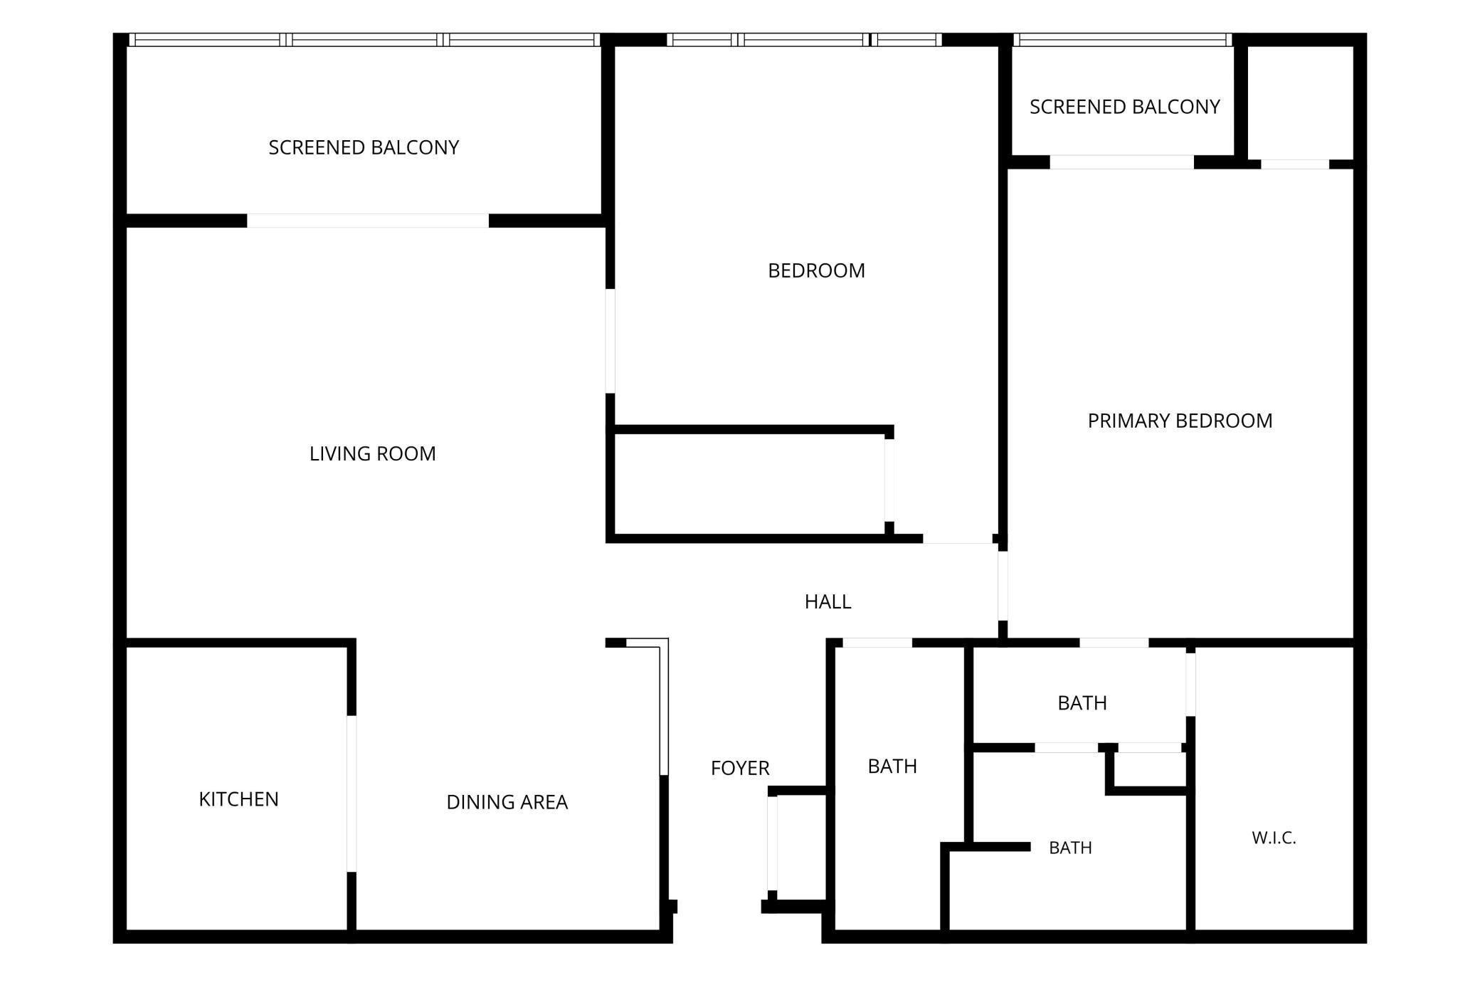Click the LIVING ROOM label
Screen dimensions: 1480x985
[372, 453]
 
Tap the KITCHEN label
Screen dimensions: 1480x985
[238, 799]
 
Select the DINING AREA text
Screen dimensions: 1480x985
[507, 802]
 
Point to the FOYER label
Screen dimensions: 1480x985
[740, 768]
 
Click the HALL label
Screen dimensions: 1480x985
[828, 601]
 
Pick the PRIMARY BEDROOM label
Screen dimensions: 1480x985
[1180, 421]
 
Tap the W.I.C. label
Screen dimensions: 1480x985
[1274, 838]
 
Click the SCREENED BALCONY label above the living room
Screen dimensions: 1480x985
[364, 147]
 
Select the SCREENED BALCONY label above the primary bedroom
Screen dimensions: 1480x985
[1124, 107]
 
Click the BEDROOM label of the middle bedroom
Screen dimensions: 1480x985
[816, 270]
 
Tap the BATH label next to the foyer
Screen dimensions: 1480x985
[892, 766]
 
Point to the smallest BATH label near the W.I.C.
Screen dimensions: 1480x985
[1070, 848]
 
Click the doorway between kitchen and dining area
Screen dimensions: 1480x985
[351, 794]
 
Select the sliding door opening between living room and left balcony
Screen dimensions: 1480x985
[368, 221]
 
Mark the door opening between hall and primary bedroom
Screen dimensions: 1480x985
[1003, 586]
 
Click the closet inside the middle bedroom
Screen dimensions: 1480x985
[749, 484]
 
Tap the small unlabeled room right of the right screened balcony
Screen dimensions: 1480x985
[1300, 102]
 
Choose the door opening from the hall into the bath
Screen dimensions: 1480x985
[877, 643]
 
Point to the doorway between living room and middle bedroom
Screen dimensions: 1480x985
[610, 341]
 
